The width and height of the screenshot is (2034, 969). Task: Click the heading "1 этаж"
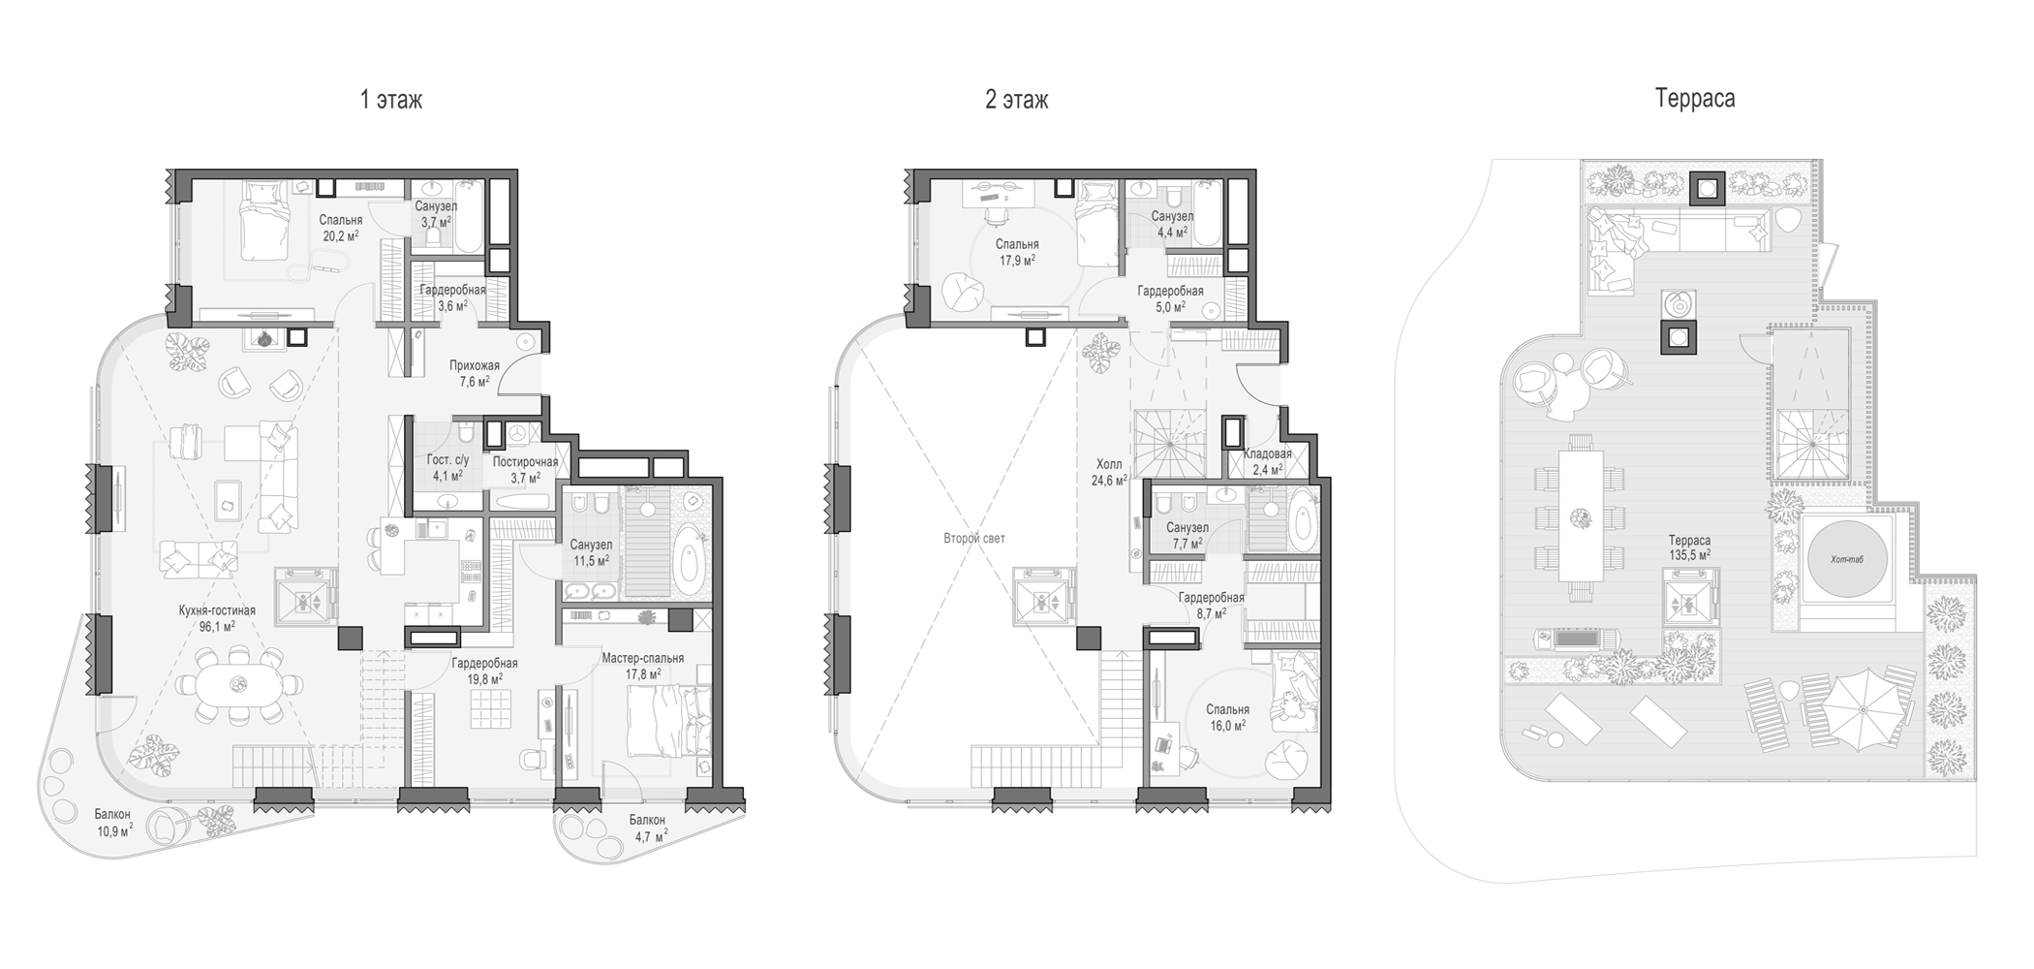[391, 100]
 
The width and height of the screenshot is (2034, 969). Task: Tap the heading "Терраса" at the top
[1695, 99]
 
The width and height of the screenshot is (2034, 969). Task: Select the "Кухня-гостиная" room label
[217, 610]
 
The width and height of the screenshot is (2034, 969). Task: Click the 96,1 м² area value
[217, 627]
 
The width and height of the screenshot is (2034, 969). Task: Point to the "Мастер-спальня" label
[643, 658]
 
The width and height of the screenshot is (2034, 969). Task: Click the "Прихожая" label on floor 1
[475, 365]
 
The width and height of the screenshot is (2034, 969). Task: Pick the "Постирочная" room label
[525, 462]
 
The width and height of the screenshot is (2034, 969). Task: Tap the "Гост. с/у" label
[447, 460]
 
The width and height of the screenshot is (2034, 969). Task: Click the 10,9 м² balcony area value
[114, 831]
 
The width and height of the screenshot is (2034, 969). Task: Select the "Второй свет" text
[974, 538]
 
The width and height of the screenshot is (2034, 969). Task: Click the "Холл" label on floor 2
[1109, 464]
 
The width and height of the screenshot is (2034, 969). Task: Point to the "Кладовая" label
[1268, 453]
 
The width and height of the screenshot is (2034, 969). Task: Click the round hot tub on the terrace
[1848, 559]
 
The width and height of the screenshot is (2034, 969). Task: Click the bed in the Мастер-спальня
[668, 721]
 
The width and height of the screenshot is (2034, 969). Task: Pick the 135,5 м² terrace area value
[1689, 556]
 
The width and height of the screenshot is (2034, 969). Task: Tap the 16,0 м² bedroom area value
[1227, 725]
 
